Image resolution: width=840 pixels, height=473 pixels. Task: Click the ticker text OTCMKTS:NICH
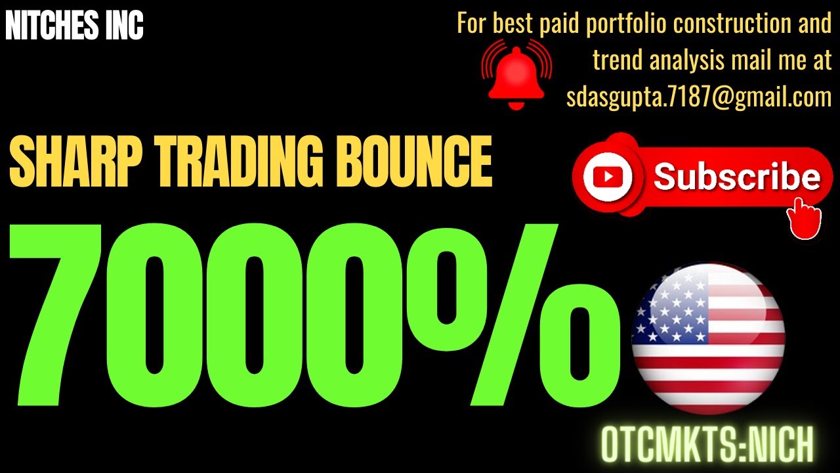tap(707, 445)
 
